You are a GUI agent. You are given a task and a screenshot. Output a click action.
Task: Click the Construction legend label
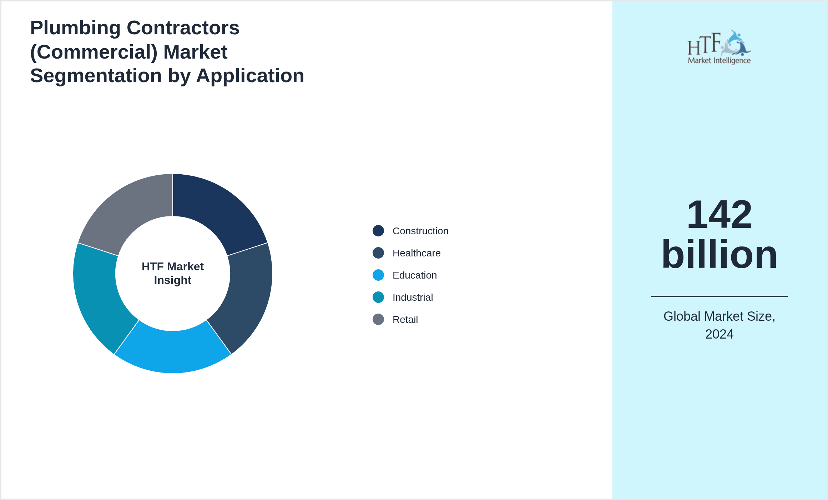pos(420,231)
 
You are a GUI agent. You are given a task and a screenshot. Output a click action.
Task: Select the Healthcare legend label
pos(416,253)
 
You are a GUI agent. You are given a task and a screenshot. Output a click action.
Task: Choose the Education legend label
pos(414,275)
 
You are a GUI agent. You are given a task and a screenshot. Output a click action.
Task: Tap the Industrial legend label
pos(413,297)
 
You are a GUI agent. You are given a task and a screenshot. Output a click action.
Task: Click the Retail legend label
pos(405,320)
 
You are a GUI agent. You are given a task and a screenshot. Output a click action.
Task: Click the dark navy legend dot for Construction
pos(378,231)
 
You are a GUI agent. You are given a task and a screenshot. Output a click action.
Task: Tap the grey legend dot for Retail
pos(378,319)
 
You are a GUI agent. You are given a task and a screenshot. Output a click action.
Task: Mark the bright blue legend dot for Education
pos(378,275)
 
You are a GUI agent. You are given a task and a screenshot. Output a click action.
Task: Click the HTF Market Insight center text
pos(173,273)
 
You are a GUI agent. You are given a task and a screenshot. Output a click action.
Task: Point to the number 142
pos(719,214)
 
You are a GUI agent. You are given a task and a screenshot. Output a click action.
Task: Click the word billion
pos(719,254)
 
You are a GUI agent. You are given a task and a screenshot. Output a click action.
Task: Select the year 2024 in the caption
pos(719,334)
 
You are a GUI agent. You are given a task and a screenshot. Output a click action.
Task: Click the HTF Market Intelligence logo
pos(719,47)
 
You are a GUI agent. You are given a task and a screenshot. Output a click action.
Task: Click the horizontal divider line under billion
pos(719,296)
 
